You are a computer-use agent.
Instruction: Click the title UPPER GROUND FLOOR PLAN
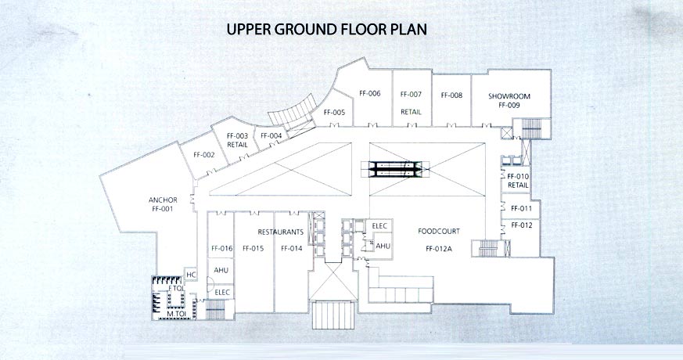[x=327, y=29]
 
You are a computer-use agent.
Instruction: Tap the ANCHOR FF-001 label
[x=163, y=204]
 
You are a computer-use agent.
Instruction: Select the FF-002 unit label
[x=204, y=155]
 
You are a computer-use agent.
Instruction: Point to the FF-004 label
[x=271, y=135]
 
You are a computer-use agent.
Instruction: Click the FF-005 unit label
[x=335, y=113]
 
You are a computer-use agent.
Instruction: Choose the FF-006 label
[x=370, y=93]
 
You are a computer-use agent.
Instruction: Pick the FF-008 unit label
[x=451, y=95]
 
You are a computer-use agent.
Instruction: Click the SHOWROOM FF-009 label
[x=509, y=101]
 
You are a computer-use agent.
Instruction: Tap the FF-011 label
[x=521, y=208]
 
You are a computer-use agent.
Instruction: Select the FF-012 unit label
[x=521, y=225]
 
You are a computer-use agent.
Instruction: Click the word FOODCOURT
[x=439, y=232]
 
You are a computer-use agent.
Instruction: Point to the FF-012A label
[x=439, y=250]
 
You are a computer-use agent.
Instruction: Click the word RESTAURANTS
[x=281, y=232]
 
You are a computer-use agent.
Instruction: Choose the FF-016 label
[x=222, y=248]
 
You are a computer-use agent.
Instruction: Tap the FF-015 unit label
[x=253, y=248]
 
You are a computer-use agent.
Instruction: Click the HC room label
[x=191, y=275]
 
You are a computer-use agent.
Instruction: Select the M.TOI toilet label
[x=176, y=313]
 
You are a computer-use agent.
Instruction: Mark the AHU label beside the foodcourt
[x=383, y=247]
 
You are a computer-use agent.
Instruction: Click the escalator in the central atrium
[x=396, y=169]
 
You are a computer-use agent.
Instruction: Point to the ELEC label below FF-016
[x=222, y=292]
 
